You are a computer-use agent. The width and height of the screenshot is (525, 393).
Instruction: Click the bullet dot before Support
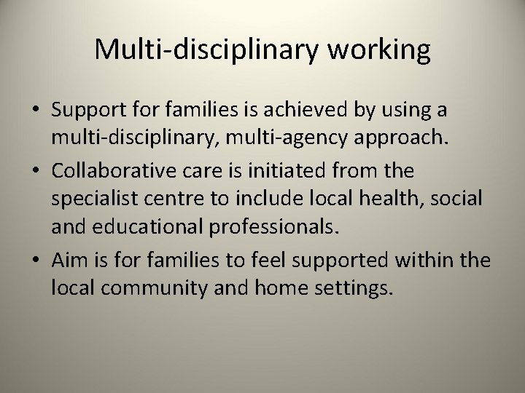point(36,112)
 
